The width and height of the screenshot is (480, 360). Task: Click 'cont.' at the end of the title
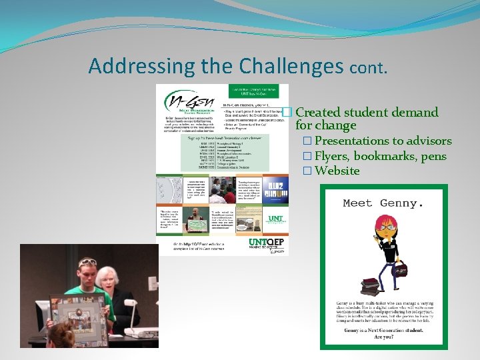click(x=367, y=67)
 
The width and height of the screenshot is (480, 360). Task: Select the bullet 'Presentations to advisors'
click(x=383, y=141)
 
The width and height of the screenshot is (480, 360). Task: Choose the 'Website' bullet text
click(x=337, y=171)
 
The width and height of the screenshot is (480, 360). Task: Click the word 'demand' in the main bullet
click(x=413, y=112)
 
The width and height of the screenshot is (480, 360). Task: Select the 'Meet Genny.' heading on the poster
click(x=383, y=203)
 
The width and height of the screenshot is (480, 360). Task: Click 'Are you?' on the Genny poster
click(x=383, y=337)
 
